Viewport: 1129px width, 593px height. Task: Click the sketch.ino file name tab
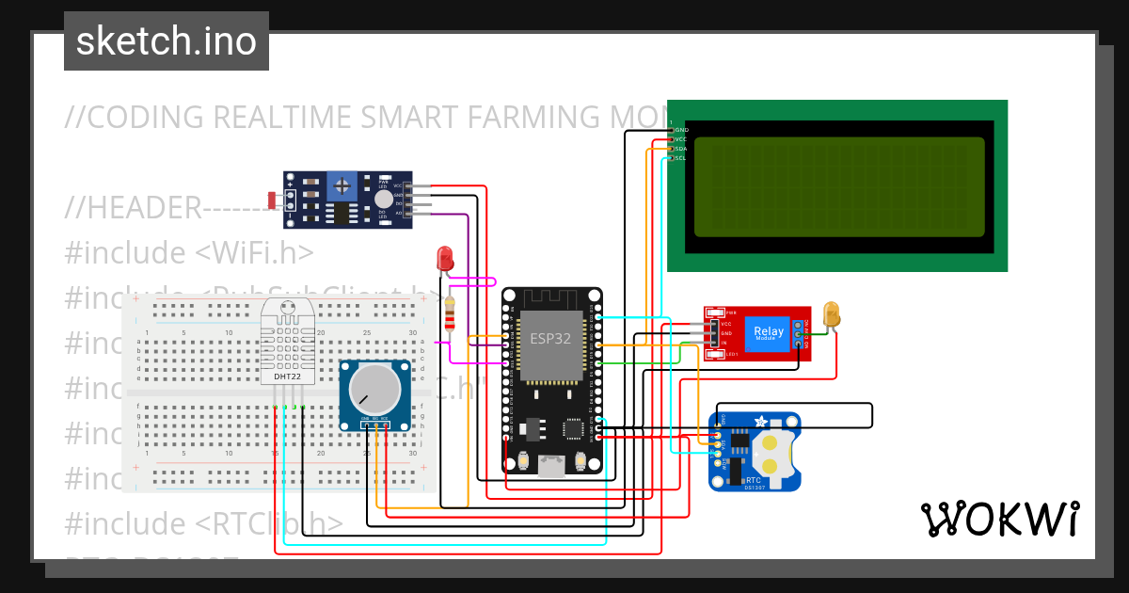tap(167, 41)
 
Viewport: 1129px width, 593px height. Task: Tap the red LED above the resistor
tap(446, 258)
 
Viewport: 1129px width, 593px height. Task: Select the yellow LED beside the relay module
tap(831, 314)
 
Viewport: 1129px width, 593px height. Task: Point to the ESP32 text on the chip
tap(550, 339)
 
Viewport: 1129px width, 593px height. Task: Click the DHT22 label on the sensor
tap(288, 377)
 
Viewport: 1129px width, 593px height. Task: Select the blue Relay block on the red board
tap(769, 332)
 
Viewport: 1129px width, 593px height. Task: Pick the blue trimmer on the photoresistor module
tap(342, 184)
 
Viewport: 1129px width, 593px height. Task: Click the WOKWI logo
tap(999, 519)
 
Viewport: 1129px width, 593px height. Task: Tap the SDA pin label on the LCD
tap(681, 149)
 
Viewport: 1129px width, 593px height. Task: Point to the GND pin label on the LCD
tap(681, 130)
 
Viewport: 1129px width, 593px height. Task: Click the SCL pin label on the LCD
tap(680, 158)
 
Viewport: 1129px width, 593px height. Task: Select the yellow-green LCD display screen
tap(839, 186)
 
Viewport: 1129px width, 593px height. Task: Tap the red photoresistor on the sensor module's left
tap(273, 200)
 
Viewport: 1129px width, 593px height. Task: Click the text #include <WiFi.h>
tap(189, 253)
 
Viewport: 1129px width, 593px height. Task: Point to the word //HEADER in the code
tap(133, 208)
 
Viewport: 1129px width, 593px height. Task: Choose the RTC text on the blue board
tap(726, 479)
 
